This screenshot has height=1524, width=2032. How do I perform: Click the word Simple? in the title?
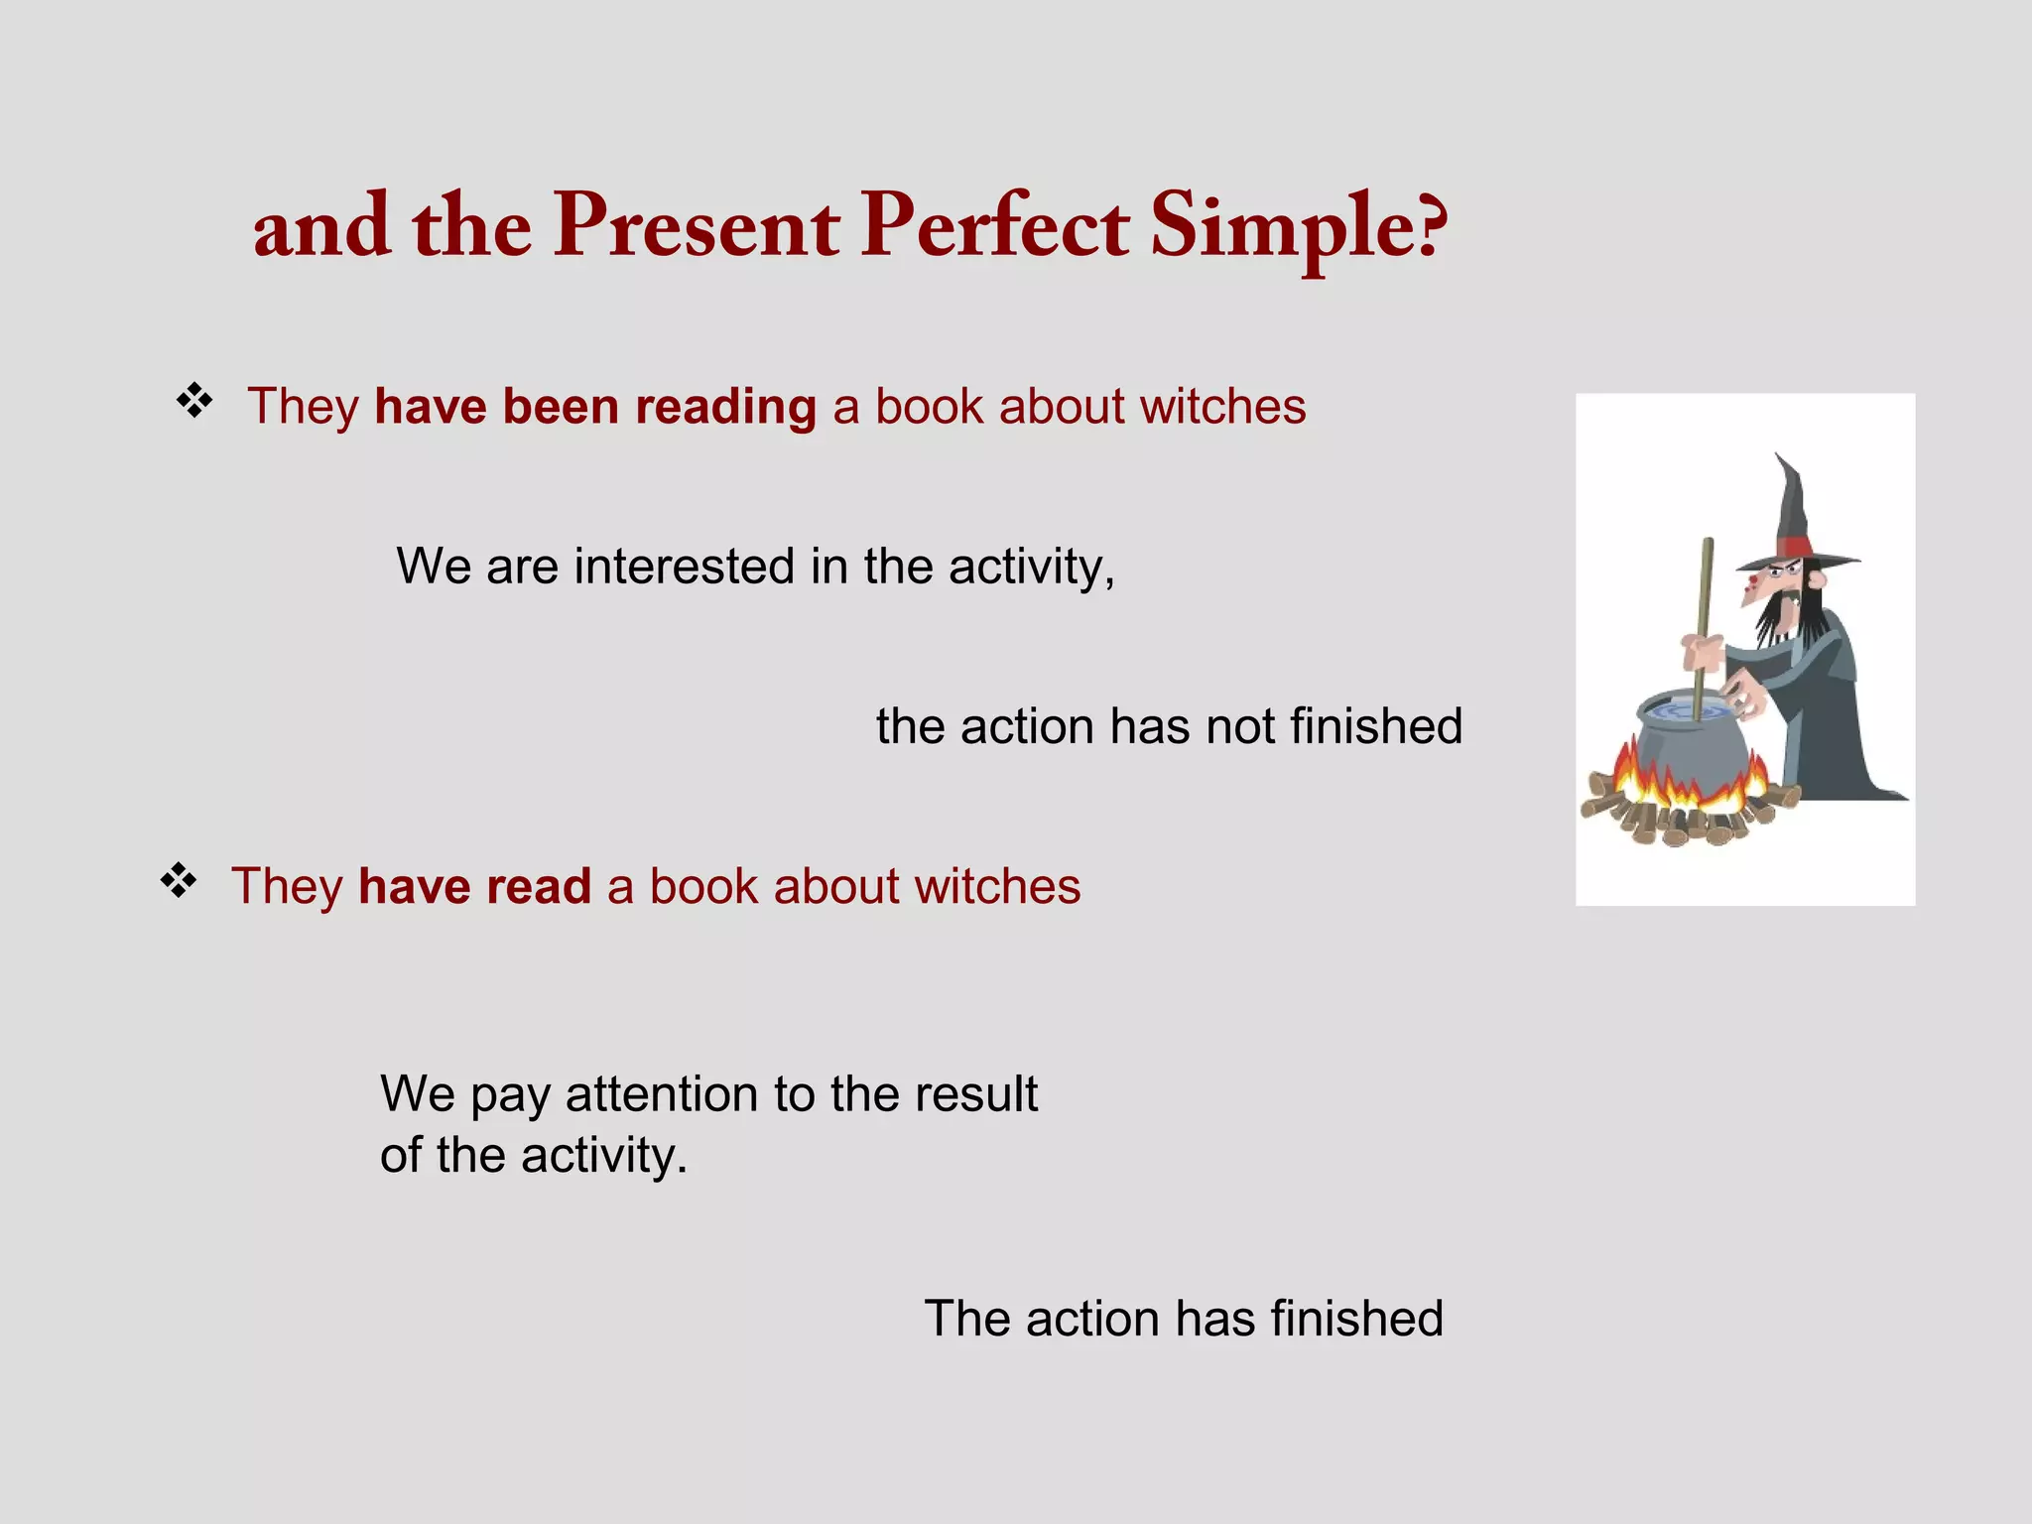[1298, 228]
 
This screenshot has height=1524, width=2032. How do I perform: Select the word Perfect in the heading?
[994, 228]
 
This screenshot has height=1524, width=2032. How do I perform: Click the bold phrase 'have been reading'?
[595, 407]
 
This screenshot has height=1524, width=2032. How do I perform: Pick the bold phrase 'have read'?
[474, 886]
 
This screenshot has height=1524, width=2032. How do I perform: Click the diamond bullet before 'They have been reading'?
[194, 401]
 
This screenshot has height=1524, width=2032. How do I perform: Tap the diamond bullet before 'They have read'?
[179, 880]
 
